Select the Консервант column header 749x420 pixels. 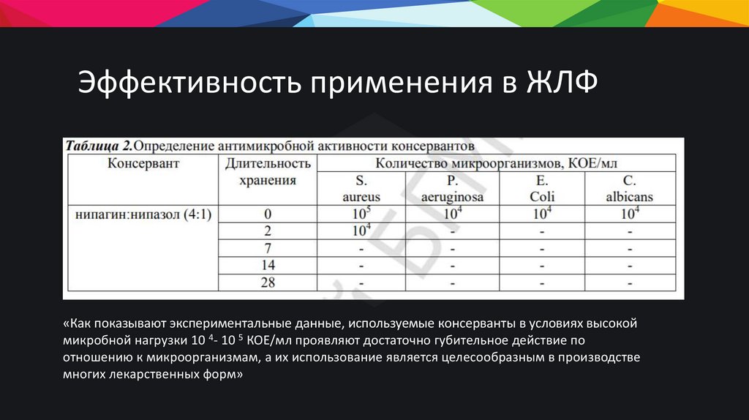[x=143, y=163]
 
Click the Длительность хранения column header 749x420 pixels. [x=268, y=171]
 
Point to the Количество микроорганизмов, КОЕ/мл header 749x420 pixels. [x=498, y=162]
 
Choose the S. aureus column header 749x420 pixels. [x=361, y=188]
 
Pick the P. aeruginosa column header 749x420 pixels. [x=453, y=188]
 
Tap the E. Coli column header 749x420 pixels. [x=542, y=188]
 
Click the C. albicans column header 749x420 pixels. [x=630, y=188]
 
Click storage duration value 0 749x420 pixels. [x=268, y=214]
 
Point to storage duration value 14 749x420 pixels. [x=268, y=265]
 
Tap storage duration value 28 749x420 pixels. [x=268, y=282]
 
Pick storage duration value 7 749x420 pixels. [x=268, y=248]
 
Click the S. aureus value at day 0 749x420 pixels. [x=361, y=214]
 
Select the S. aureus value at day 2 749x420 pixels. [x=361, y=230]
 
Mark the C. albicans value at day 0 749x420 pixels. [x=630, y=214]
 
